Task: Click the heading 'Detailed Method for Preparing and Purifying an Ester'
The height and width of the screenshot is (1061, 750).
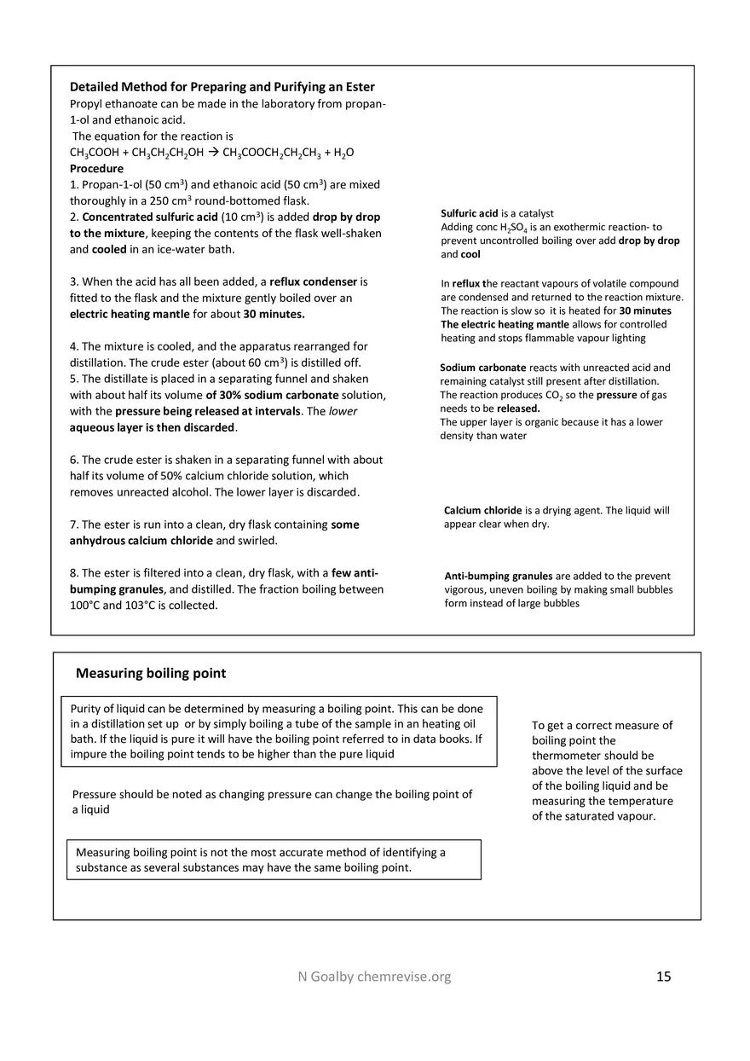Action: pyautogui.click(x=222, y=87)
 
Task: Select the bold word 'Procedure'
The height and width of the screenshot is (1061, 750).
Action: pyautogui.click(x=96, y=169)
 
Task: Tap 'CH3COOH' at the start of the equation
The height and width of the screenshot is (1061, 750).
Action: pyautogui.click(x=95, y=153)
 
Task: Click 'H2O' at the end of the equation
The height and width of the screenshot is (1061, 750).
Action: pyautogui.click(x=343, y=153)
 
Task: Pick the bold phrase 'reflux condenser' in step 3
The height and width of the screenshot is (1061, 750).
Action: pyautogui.click(x=318, y=281)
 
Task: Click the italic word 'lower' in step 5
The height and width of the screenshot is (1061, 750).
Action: pyautogui.click(x=343, y=411)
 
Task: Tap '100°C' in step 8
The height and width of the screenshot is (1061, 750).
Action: pyautogui.click(x=85, y=606)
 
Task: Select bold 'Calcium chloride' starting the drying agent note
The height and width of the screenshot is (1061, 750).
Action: pyautogui.click(x=482, y=511)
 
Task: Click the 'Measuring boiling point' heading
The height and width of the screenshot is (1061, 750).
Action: pyautogui.click(x=151, y=673)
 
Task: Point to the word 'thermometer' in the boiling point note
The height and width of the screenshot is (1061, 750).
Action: pyautogui.click(x=562, y=756)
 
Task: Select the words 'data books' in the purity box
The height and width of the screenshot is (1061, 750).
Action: pyautogui.click(x=447, y=739)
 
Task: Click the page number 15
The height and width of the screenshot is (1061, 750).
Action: pyautogui.click(x=664, y=977)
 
